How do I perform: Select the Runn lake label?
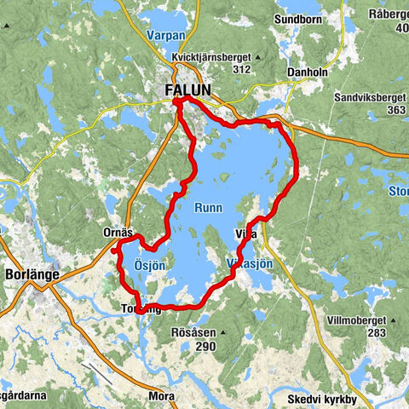click(x=208, y=207)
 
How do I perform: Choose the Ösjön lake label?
click(x=149, y=266)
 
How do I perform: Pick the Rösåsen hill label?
click(x=194, y=333)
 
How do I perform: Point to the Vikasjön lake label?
click(x=251, y=264)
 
